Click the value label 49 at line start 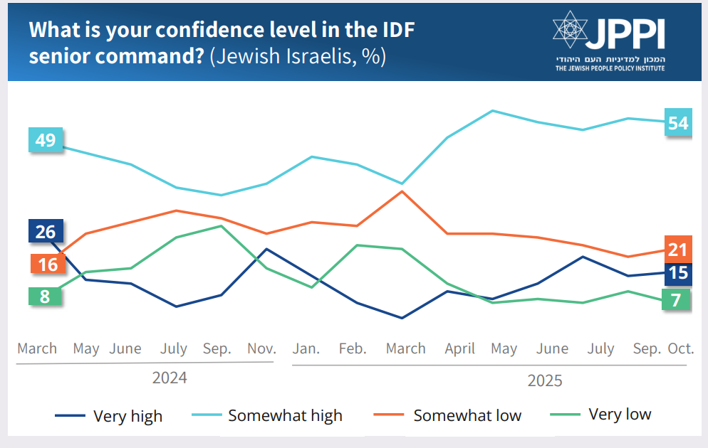[x=46, y=140]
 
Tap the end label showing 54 [x=678, y=123]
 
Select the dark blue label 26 [x=46, y=232]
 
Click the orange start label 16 [x=47, y=265]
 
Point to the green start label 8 [x=45, y=297]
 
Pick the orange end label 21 [x=678, y=249]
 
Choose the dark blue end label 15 [x=678, y=273]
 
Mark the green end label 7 [x=676, y=300]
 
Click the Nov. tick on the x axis [x=261, y=348]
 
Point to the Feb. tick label [x=353, y=348]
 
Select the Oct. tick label [x=680, y=348]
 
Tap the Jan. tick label [x=306, y=348]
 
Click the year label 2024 [x=170, y=378]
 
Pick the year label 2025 [x=545, y=380]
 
